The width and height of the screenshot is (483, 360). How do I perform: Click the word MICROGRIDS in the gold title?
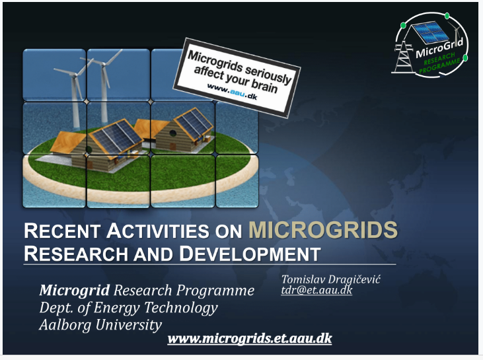pos(323,230)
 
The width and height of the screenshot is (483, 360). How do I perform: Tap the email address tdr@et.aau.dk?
pos(316,290)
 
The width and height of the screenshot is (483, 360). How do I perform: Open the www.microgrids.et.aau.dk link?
pos(250,338)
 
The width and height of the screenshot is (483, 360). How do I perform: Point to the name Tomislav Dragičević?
pos(331,279)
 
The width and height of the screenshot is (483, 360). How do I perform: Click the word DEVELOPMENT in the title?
pos(250,254)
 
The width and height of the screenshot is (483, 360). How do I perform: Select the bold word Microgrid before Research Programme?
pos(74,290)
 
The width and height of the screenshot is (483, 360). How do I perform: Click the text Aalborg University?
pos(100,324)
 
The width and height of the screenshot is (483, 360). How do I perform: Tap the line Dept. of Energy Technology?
pos(128,307)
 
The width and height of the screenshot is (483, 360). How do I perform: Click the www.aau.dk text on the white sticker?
pos(232,91)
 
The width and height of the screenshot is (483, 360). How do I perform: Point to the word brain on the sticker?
pos(264,86)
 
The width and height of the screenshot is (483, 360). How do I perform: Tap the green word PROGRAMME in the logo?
pos(439,66)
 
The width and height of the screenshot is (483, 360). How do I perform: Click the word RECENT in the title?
pos(62,231)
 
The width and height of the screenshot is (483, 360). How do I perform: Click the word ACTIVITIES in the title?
pos(158,231)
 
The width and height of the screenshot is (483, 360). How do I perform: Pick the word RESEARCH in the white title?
pos(76,254)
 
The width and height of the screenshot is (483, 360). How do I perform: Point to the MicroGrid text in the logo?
pos(439,48)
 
